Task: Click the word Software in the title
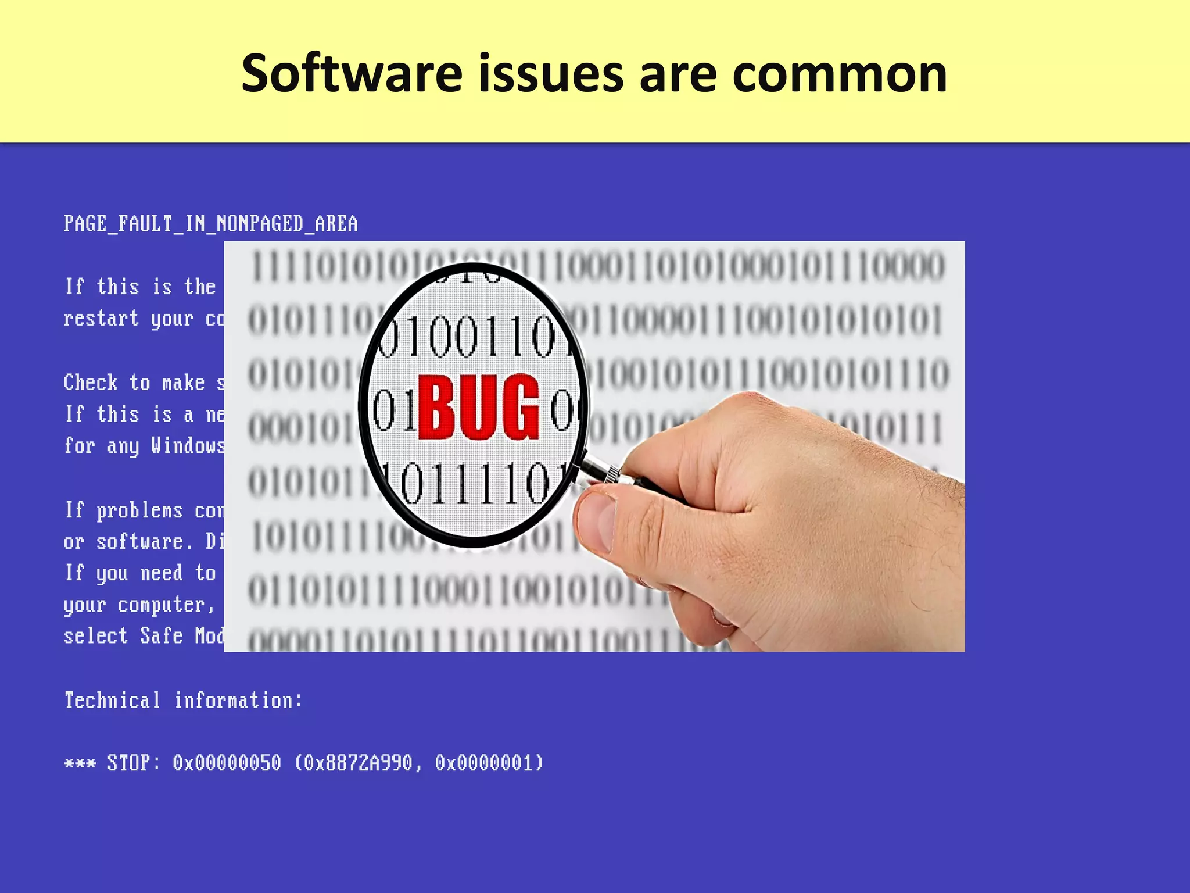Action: coord(352,74)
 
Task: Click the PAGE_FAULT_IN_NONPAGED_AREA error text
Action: coord(210,224)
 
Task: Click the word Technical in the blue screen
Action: coord(112,700)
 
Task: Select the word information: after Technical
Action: coord(238,700)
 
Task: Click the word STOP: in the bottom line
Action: coord(133,762)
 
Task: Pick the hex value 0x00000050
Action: coord(227,762)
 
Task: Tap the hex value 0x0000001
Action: coord(489,762)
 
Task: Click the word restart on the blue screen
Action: coord(101,318)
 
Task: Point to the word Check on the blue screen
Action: coord(90,383)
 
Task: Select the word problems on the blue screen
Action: coord(139,510)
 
